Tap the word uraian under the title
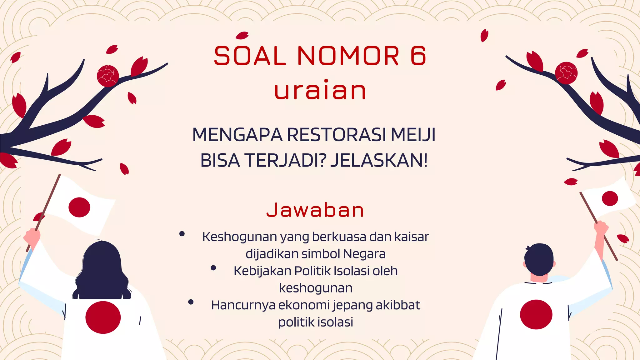pyautogui.click(x=320, y=90)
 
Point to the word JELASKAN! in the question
pyautogui.click(x=379, y=161)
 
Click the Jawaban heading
pyautogui.click(x=315, y=210)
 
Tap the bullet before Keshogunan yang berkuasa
pyautogui.click(x=182, y=234)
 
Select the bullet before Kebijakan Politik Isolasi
pyautogui.click(x=213, y=268)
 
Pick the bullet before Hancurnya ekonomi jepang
pyautogui.click(x=191, y=302)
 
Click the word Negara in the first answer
pyautogui.click(x=364, y=254)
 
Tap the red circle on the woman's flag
pyautogui.click(x=79, y=207)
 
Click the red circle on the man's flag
pyautogui.click(x=610, y=198)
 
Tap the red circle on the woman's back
pyautogui.click(x=103, y=317)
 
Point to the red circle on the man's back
pyautogui.click(x=536, y=314)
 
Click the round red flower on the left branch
pyautogui.click(x=108, y=76)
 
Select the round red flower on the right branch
pyautogui.click(x=566, y=73)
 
